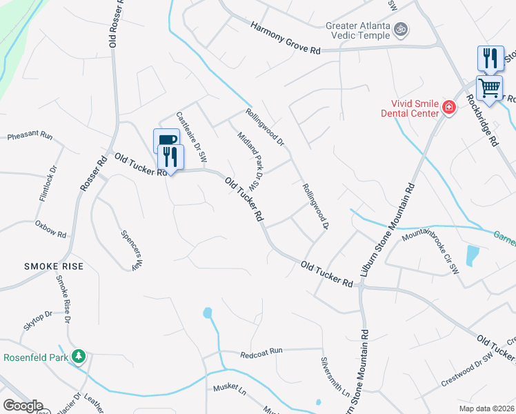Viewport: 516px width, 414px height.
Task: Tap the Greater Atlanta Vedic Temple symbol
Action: coord(401,30)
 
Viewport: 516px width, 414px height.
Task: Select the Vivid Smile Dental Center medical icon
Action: coord(449,107)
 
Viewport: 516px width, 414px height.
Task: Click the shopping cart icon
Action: coord(489,88)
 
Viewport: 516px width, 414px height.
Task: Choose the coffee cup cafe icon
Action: coord(166,141)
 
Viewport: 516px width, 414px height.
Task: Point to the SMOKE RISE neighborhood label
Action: coord(54,266)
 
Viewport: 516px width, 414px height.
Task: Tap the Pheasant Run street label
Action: coord(30,137)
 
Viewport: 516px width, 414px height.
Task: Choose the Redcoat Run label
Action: coord(262,352)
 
